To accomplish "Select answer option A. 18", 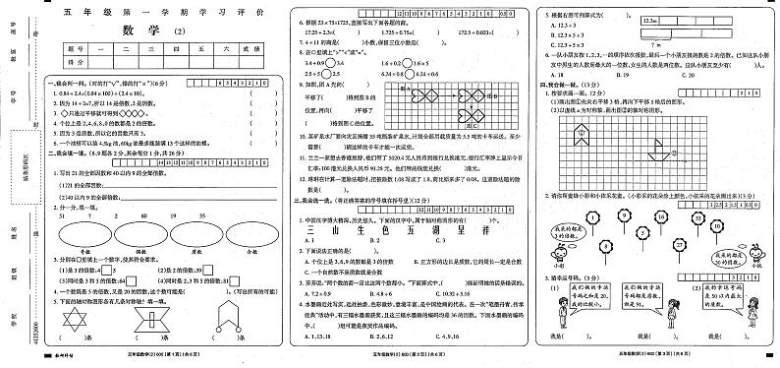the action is click(x=562, y=74).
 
